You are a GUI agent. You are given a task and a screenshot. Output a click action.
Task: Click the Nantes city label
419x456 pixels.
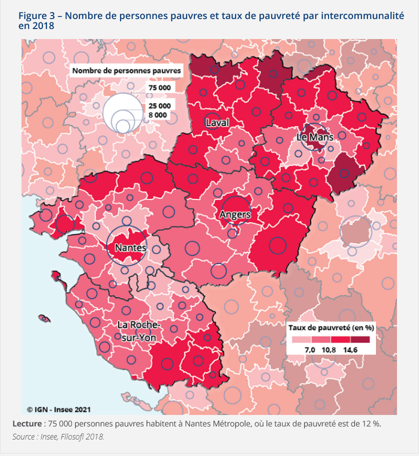130,248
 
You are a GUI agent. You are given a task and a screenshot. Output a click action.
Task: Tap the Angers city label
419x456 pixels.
234,215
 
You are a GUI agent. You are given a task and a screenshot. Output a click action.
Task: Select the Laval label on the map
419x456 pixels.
217,123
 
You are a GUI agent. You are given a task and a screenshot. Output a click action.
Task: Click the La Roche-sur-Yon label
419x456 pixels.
139,331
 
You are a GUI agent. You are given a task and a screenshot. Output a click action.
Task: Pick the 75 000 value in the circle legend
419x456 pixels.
159,88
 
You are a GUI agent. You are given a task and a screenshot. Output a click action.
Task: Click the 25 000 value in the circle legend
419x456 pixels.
159,106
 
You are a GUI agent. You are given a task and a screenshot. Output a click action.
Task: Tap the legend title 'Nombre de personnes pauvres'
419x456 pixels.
126,71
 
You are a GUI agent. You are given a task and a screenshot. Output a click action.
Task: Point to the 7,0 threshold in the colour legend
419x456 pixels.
309,349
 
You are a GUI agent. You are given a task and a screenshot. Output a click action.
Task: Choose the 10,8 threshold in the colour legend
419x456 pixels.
328,349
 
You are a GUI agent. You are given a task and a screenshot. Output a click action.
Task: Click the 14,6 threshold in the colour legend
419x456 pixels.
350,349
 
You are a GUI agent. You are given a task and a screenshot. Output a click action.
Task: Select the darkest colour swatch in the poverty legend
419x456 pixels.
360,339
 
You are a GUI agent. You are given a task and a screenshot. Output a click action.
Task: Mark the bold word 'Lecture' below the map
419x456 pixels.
27,424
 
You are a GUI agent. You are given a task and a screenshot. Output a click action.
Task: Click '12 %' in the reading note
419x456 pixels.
370,424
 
